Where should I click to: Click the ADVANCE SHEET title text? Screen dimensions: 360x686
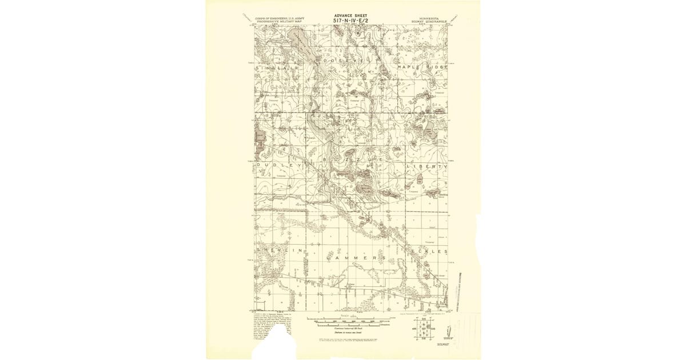(350, 15)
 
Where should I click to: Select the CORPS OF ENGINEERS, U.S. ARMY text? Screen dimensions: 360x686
(278, 18)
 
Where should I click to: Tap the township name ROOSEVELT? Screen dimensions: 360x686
(350, 59)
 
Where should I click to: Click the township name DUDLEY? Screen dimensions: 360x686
(278, 165)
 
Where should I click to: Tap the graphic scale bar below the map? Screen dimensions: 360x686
(350, 321)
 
